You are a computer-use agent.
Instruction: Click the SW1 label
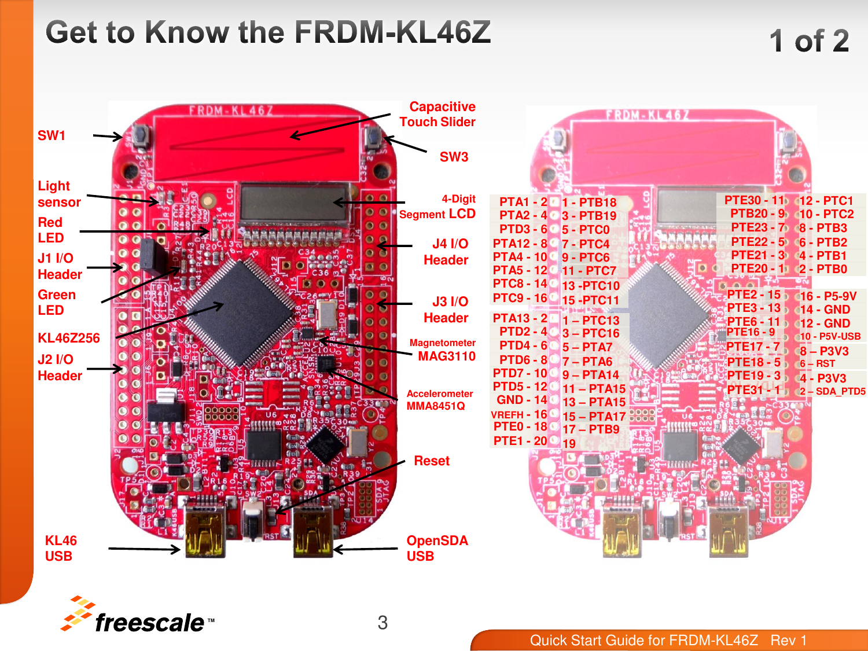[52, 135]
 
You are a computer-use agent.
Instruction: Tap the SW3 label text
[454, 157]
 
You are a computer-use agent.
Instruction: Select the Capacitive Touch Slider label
[438, 114]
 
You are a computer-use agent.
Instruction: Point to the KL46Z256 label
[68, 338]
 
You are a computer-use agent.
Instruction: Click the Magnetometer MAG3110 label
[443, 350]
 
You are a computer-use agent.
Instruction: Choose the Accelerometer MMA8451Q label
[439, 400]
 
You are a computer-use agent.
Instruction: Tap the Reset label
[431, 461]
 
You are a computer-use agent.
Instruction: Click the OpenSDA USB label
[436, 548]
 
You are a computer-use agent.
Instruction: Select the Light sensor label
[58, 194]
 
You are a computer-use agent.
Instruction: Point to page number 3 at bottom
[382, 623]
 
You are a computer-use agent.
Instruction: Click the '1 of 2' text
[809, 41]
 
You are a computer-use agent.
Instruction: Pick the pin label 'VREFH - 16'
[518, 414]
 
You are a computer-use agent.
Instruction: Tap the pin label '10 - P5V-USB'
[830, 336]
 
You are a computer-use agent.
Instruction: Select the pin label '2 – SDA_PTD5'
[832, 391]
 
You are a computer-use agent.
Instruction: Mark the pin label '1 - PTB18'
[589, 202]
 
